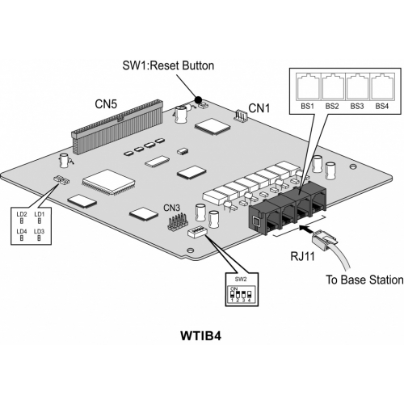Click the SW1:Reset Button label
click(168, 65)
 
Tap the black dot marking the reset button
click(198, 100)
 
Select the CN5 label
click(106, 104)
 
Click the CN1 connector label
click(259, 108)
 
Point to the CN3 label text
click(172, 208)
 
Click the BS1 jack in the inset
click(308, 86)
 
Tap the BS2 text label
click(332, 106)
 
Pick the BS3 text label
click(357, 106)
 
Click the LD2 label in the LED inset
click(22, 214)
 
